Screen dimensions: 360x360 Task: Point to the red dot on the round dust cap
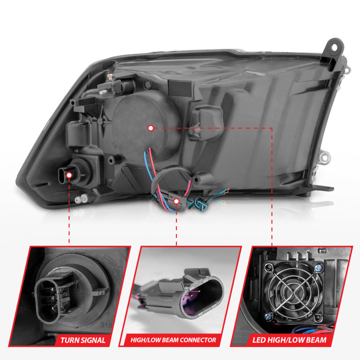tap(151, 128)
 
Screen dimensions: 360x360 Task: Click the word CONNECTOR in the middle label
tap(197, 340)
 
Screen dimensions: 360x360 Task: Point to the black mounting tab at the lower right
tap(325, 189)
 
